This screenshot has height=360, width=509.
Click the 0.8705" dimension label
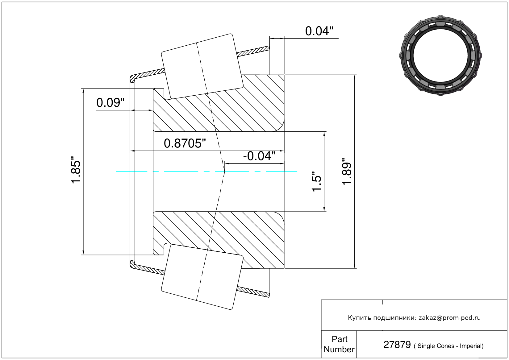point(185,143)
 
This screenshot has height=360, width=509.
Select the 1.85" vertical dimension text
point(76,170)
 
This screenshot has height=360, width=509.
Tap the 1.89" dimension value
point(347,172)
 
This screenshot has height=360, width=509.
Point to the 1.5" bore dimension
point(316,181)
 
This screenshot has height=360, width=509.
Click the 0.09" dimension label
point(111,103)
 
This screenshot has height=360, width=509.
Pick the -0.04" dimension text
point(259,156)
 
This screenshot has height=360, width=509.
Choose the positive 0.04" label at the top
point(319,31)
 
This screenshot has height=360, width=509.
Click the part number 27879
point(397,345)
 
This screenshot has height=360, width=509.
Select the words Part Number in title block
point(339,344)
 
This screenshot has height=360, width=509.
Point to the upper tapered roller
point(202,67)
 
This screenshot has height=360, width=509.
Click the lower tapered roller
point(202,277)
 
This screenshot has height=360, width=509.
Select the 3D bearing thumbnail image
point(440,56)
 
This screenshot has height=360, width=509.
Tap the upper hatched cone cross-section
point(219,103)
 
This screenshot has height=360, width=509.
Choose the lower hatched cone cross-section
point(219,240)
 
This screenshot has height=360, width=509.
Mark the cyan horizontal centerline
point(207,172)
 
